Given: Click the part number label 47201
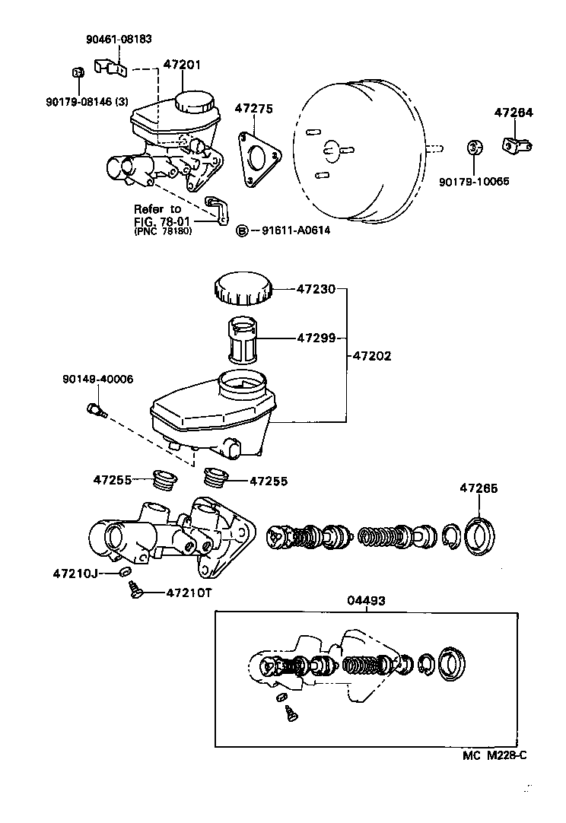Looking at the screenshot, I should tap(182, 65).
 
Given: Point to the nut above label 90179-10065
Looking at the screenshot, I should tap(472, 145).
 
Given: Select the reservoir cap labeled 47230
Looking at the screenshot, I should tap(241, 290).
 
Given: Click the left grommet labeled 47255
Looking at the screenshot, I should tap(164, 480).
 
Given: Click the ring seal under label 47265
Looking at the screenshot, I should tap(479, 535).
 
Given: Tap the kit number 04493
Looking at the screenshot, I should tap(366, 600).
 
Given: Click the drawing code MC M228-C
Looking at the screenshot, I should tap(494, 755).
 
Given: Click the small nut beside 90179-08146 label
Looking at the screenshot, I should tap(77, 73).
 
